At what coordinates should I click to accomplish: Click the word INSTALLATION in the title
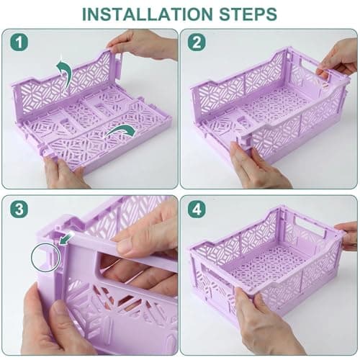[148, 14]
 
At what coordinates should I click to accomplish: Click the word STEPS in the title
[248, 14]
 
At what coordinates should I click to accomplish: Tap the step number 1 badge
[19, 42]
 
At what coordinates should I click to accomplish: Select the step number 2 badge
[197, 42]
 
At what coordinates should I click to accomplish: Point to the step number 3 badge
[19, 209]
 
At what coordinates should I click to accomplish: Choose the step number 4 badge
[197, 209]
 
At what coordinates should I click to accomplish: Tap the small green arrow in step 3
[66, 240]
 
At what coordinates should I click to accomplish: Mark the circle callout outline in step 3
[32, 257]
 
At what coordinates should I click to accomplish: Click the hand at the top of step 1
[144, 45]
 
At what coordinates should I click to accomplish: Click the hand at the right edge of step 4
[347, 235]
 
